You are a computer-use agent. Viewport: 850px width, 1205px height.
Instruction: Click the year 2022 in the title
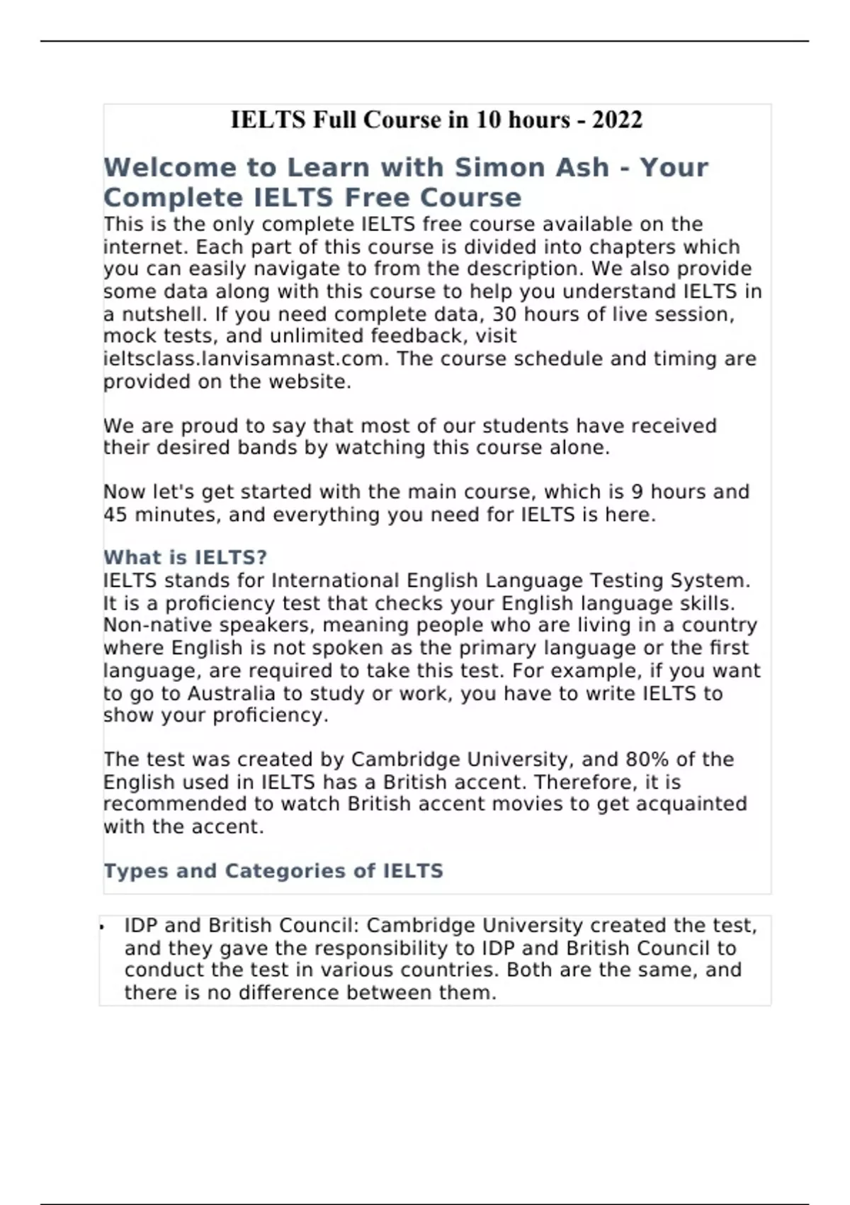coord(617,120)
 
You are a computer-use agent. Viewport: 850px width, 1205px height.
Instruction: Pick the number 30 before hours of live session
coord(504,314)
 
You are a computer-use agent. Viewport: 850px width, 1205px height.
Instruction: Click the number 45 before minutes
coord(115,515)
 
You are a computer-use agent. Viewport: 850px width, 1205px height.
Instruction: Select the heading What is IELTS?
coord(186,557)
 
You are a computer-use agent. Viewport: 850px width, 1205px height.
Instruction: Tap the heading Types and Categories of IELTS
coord(273,870)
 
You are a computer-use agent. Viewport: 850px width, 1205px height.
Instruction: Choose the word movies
coord(526,804)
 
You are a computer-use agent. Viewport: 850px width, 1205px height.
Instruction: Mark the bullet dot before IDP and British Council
coord(103,926)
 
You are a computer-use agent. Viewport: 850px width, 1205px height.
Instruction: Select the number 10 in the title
coord(488,120)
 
